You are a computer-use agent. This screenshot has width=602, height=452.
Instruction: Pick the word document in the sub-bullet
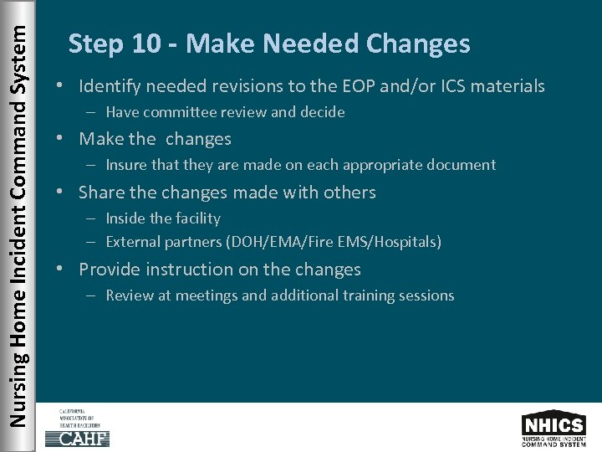(465, 165)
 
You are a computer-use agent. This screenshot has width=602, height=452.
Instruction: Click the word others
(349, 193)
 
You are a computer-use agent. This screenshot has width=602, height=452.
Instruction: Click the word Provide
(109, 270)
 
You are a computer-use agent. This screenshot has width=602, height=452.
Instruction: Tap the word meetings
(211, 295)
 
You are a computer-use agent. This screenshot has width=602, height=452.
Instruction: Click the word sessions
(428, 295)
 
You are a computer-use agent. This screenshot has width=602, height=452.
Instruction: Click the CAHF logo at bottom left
(77, 427)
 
